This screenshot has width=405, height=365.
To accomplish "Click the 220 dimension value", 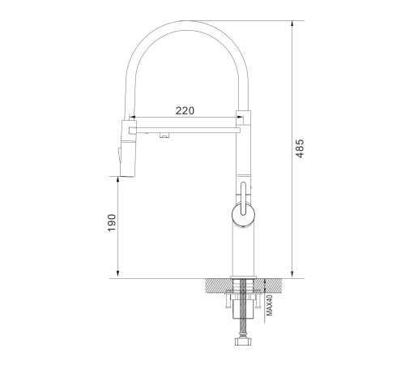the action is click(185, 110).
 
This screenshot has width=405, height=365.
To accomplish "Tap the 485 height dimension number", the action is click(300, 148).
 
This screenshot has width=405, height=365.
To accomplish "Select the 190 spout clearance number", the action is click(112, 222).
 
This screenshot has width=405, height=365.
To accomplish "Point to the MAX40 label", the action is click(270, 305).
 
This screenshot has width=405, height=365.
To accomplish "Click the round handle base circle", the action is click(243, 215).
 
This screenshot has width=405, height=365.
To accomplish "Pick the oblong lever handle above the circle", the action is click(243, 199).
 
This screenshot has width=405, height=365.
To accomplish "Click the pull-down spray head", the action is click(128, 148).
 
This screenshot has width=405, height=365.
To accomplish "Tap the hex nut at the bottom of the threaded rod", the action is click(243, 341).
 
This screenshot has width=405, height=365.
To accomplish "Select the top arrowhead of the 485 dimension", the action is click(292, 24).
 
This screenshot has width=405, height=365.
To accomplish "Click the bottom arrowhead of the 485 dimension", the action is click(292, 275).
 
